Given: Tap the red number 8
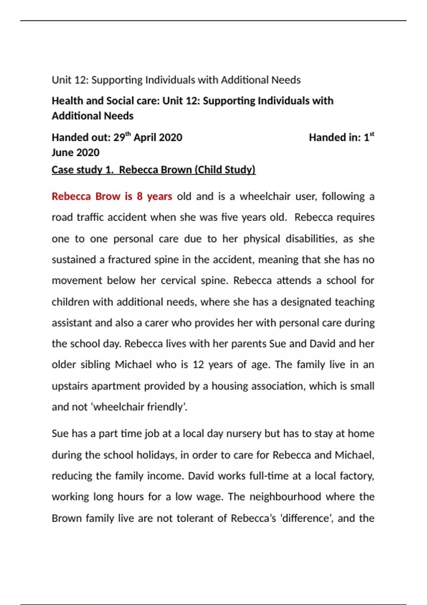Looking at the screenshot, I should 139,196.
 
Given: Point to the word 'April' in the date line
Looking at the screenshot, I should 146,138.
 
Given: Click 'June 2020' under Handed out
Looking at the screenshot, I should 75,153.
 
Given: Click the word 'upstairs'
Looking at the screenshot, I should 70,386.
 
